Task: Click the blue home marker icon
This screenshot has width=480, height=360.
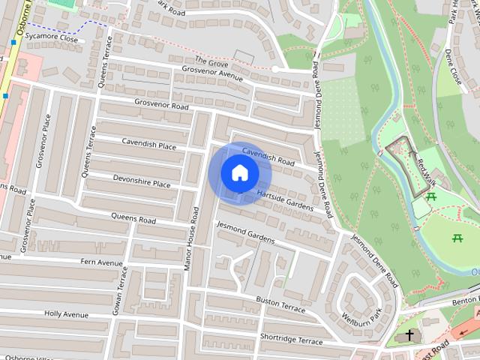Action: tap(240, 172)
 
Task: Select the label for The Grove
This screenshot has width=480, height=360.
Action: tap(211, 60)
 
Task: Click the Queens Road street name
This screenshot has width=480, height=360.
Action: tap(133, 220)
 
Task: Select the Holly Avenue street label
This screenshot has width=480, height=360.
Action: tap(67, 313)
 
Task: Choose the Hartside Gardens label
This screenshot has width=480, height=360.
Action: tap(284, 199)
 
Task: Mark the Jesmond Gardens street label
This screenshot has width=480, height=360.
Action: tap(244, 233)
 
